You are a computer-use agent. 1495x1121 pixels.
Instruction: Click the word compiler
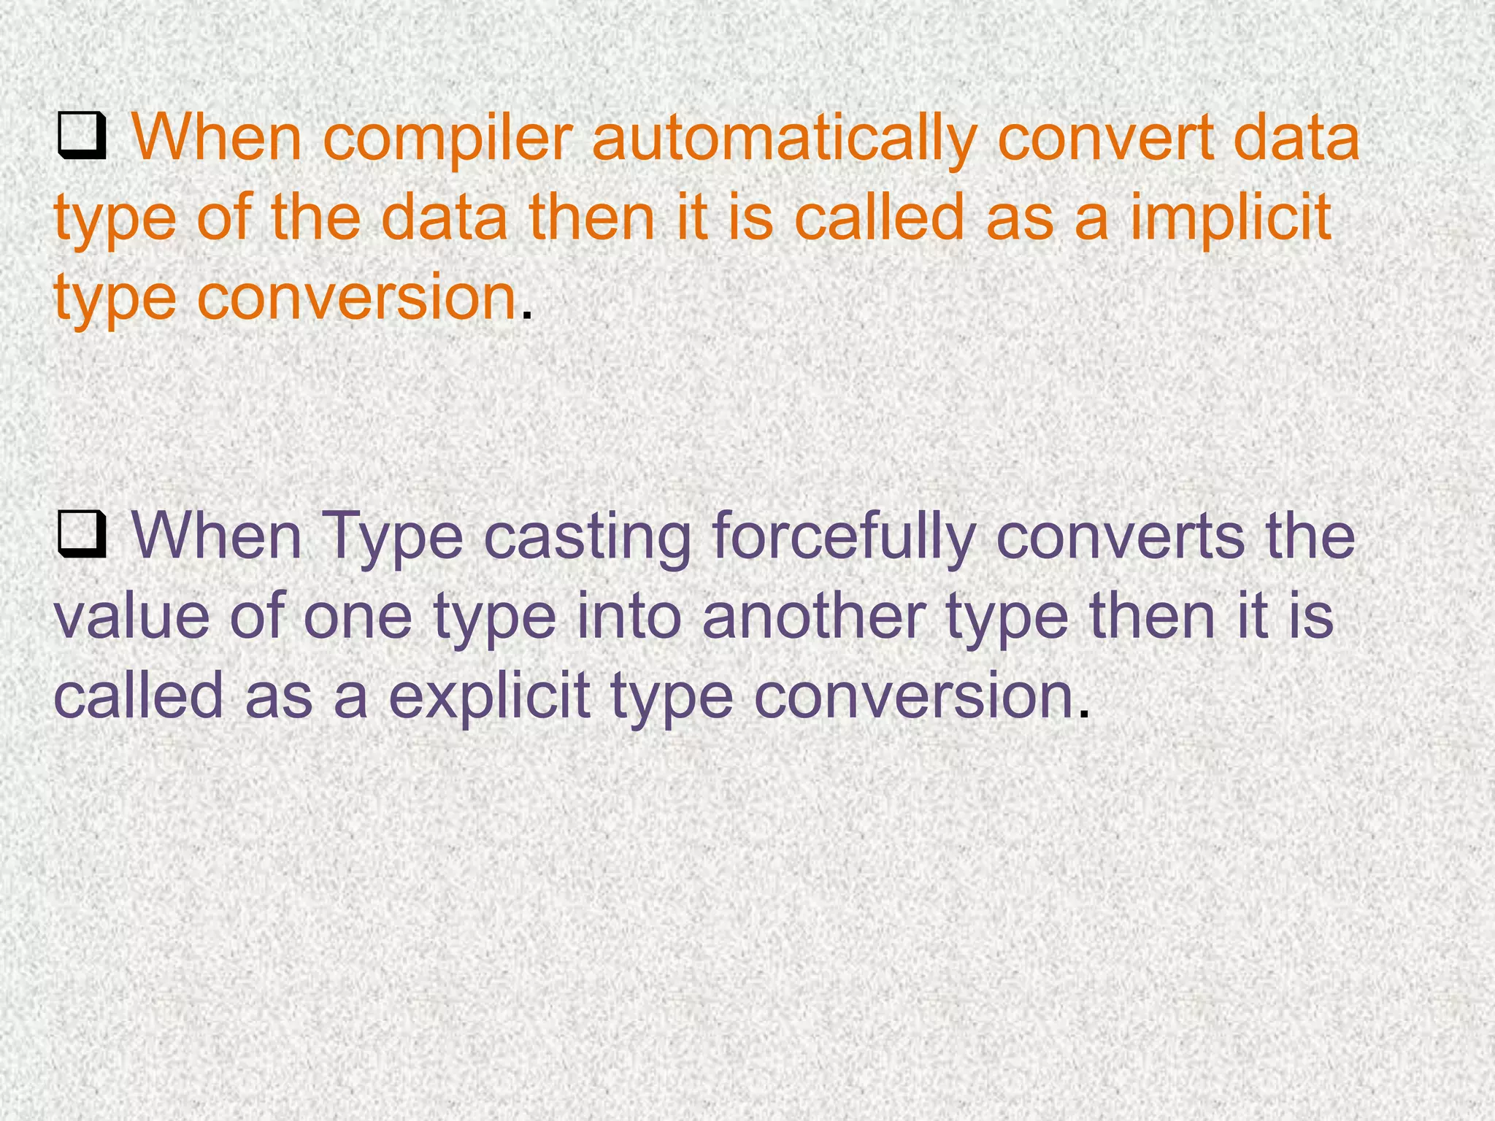click(x=445, y=140)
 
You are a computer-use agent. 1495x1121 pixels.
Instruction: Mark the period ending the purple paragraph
click(x=1083, y=712)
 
